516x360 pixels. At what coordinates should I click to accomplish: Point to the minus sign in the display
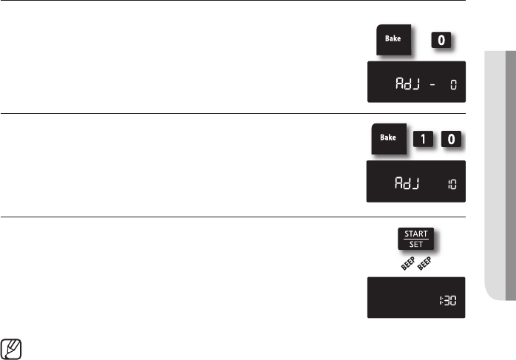[x=432, y=86]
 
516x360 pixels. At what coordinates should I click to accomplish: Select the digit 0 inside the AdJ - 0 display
[x=454, y=86]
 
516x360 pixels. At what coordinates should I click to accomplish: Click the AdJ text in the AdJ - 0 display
[x=407, y=85]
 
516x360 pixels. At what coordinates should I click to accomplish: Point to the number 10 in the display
[x=452, y=185]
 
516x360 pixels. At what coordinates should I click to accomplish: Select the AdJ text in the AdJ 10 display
[x=407, y=185]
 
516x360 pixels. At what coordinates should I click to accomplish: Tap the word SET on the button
[x=415, y=245]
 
